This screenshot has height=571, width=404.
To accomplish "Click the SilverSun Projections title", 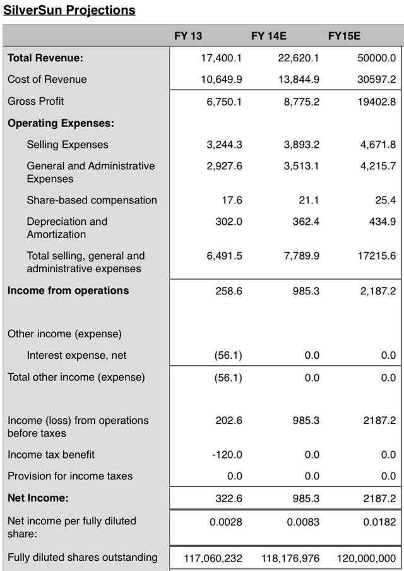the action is coord(69,10).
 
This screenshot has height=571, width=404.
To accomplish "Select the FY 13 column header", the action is coord(188,36).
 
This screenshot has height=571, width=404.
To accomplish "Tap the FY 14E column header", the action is coord(269,36).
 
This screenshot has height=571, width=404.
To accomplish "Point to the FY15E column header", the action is coord(344,36).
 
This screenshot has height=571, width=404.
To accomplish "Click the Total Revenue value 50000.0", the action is coord(377,58).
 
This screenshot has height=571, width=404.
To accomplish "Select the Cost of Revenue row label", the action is coord(47,80).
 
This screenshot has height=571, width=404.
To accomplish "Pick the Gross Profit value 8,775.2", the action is coord(301,102).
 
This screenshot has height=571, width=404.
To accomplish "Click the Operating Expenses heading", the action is coord(61,123).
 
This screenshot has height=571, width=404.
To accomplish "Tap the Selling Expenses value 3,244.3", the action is coord(224,145).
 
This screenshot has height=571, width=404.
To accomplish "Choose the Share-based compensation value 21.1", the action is coord(309,200).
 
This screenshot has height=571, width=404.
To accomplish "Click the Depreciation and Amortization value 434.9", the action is coord(382,222).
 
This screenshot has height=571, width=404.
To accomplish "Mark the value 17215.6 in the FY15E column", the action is coord(377,256).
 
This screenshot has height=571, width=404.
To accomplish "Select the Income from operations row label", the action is coord(68,291).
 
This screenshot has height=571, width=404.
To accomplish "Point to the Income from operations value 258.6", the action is coord(229,291).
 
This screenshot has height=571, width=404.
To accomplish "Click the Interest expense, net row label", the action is coord(76,355).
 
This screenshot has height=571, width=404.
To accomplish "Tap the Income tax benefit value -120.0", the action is coord(227,455).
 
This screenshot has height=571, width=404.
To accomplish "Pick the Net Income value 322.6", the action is coord(229,498).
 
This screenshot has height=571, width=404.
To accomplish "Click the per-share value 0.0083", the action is coord(303,522).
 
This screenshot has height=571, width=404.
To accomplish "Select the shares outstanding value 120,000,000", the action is coord(366,558).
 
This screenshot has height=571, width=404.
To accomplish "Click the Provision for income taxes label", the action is coord(70,476).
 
